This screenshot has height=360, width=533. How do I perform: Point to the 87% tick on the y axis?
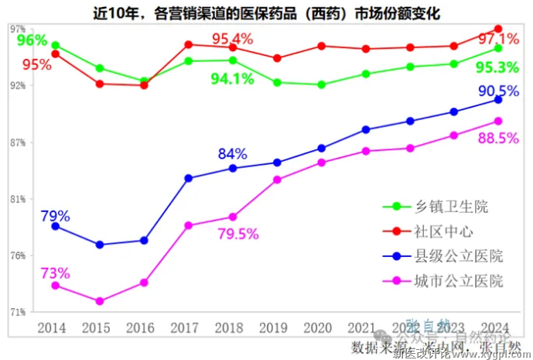click(x=18, y=142)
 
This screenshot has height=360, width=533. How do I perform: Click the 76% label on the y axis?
click(x=18, y=255)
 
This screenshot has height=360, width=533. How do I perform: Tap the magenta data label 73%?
click(x=55, y=273)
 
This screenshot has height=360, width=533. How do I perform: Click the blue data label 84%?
click(x=232, y=153)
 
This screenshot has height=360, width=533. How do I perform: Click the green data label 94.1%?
click(x=233, y=77)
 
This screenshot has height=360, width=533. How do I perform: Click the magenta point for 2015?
click(x=100, y=301)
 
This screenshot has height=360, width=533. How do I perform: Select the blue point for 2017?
click(x=189, y=178)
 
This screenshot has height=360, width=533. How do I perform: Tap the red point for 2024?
click(x=498, y=29)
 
